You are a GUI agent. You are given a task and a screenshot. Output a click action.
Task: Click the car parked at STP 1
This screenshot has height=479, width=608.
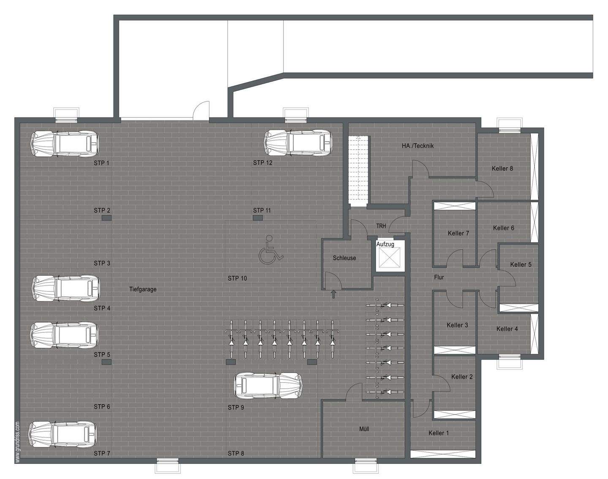pos(64,144)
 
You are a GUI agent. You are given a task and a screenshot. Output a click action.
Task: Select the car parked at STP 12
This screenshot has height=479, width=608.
pos(298,144)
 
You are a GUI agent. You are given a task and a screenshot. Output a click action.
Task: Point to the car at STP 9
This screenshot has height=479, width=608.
pos(268,386)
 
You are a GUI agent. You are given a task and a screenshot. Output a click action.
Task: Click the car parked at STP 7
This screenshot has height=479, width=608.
pos(62,434)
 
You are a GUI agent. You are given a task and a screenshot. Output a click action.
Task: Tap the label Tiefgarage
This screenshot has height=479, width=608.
pos(143,289)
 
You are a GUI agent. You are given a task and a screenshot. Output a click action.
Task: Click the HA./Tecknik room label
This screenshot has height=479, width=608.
pos(418,146)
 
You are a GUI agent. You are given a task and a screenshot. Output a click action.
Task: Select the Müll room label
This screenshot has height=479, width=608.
pos(364,429)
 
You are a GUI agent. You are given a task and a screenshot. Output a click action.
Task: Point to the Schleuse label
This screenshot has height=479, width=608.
pos(344,258)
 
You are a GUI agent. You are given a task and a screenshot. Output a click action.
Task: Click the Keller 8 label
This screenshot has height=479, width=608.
pos(502,169)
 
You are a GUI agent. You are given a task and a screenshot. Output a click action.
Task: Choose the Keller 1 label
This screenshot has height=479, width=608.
pos(439,433)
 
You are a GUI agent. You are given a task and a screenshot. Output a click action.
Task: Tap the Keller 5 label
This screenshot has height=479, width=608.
pos(521,264)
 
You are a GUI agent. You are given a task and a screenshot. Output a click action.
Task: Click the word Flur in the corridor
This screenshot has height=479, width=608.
pos(439,278)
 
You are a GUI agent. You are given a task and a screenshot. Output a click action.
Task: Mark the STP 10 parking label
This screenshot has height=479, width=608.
pos(237,278)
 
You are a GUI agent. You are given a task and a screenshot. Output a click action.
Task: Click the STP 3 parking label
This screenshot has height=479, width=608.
pos(102,263)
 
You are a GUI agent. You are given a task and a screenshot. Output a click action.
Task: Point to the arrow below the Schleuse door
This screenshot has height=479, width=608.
pos(334,294)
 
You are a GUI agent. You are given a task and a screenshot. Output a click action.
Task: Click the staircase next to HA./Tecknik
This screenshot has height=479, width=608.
pos(358,171)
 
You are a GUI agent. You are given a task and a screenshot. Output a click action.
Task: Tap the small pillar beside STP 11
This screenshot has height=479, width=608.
pos(258,218)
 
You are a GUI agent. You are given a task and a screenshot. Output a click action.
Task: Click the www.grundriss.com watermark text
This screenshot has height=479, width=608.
pos(17,442)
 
